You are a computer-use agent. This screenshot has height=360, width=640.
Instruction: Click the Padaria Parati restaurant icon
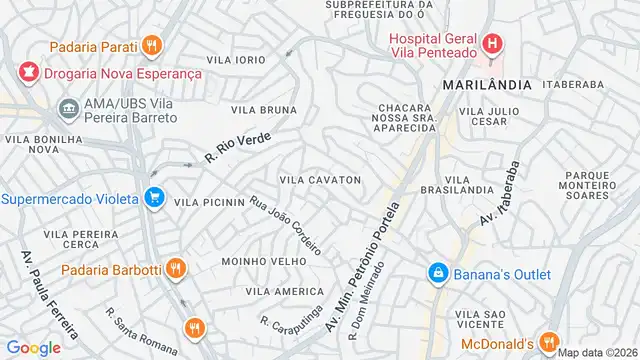click(x=152, y=44)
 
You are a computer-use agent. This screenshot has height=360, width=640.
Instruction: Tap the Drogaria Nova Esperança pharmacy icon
click(x=27, y=72)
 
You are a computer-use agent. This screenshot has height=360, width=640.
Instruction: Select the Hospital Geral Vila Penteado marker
click(x=492, y=43)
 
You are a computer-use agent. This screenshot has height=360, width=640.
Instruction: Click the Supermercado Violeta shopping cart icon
click(x=153, y=198)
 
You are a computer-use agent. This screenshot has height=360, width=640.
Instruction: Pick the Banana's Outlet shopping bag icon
click(x=438, y=272)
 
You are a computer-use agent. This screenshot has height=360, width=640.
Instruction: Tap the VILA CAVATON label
click(x=319, y=180)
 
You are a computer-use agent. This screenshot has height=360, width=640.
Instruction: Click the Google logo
click(x=33, y=347)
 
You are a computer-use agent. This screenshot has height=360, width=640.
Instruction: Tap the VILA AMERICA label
click(x=270, y=291)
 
